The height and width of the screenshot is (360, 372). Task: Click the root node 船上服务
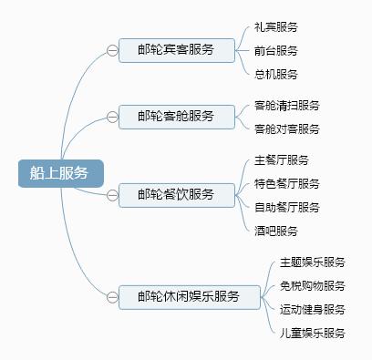[61, 173]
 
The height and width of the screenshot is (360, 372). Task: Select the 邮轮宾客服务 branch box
[176, 50]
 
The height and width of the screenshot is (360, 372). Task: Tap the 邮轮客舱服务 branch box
[176, 117]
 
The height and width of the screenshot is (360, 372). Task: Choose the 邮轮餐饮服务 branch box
[176, 194]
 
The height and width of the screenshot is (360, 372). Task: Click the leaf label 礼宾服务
[276, 27]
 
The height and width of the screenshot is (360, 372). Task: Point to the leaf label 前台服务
[276, 51]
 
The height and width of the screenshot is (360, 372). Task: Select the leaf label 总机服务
[276, 74]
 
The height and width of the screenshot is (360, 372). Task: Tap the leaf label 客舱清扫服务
[287, 106]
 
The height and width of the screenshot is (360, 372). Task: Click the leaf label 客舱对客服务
[287, 129]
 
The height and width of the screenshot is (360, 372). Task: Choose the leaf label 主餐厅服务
[282, 160]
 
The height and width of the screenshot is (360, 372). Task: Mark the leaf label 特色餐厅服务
[287, 184]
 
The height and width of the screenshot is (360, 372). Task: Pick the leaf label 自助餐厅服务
[287, 208]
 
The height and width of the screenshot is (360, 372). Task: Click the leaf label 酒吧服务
[276, 231]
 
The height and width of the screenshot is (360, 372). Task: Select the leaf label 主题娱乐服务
[313, 262]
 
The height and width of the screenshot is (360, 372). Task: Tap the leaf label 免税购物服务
[313, 286]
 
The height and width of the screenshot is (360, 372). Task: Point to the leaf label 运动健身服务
[313, 310]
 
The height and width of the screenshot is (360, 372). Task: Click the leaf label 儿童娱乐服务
[313, 334]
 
